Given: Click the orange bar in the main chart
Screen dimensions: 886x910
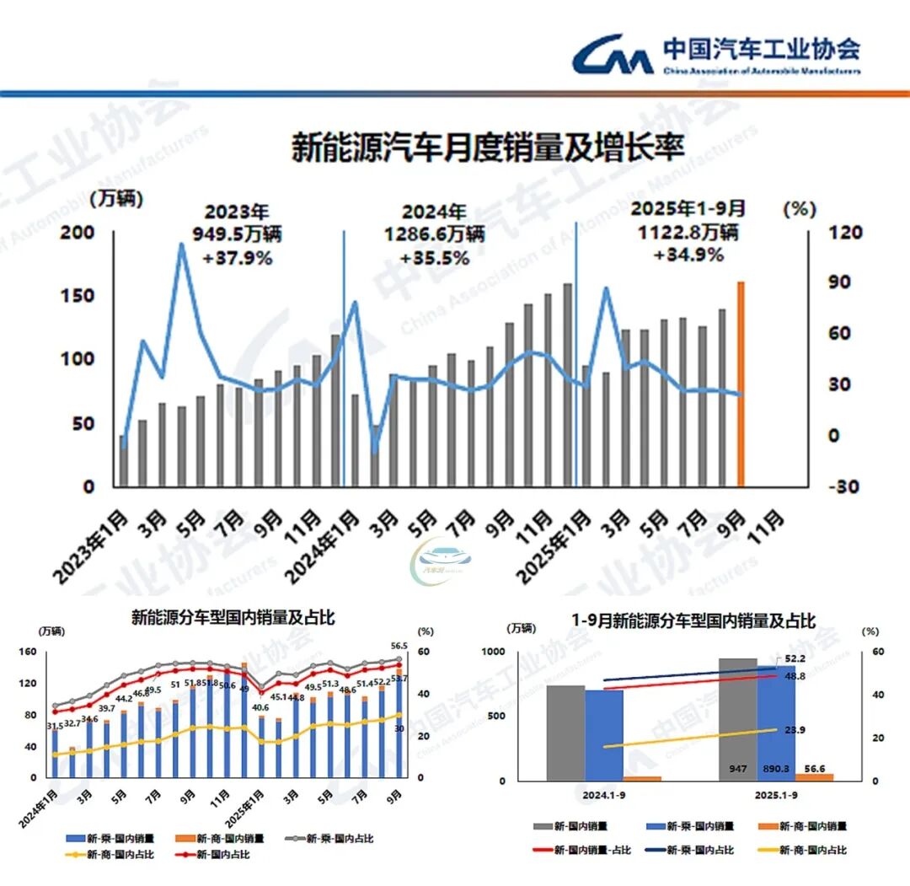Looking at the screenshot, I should pyautogui.click(x=741, y=384).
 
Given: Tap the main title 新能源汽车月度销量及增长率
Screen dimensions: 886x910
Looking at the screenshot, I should pyautogui.click(x=488, y=148).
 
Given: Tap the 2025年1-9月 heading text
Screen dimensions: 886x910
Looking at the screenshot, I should pyautogui.click(x=688, y=207).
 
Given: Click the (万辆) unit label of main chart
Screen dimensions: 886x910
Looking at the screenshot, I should pyautogui.click(x=116, y=200).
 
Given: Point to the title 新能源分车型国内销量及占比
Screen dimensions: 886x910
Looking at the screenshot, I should pyautogui.click(x=233, y=617).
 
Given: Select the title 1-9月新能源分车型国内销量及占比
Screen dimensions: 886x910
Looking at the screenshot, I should pyautogui.click(x=693, y=621).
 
